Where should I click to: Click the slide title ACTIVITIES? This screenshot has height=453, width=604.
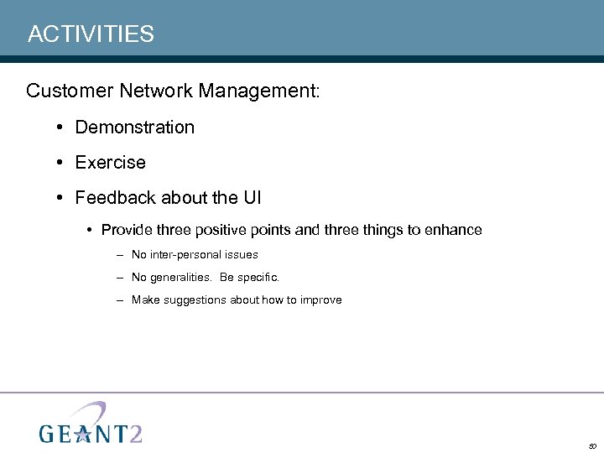91,34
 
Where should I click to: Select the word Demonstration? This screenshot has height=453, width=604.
134,128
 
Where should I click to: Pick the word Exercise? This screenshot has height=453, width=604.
110,163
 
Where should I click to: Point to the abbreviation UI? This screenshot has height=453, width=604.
253,198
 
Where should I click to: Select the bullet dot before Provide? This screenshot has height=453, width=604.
90,230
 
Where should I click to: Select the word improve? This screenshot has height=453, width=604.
320,299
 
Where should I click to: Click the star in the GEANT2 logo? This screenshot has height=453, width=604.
81,434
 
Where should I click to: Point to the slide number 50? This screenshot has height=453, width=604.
591,446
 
